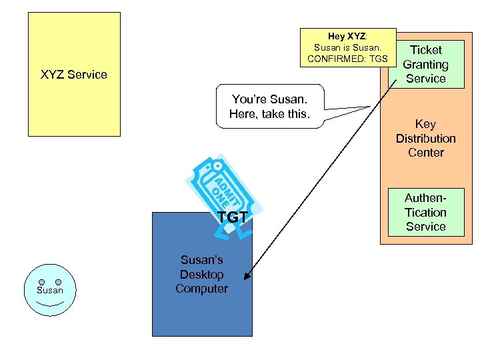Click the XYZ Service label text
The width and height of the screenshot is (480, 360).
pos(73,75)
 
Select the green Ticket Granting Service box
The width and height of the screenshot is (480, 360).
pos(426,64)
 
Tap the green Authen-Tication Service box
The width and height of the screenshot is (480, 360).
pos(425,212)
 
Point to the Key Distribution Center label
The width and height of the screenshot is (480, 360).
pos(425,138)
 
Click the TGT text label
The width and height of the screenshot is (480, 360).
pos(233,217)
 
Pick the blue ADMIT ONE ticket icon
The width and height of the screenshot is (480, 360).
pos(220,190)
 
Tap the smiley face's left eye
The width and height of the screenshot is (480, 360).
pos(41,282)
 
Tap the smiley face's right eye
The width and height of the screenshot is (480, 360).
pos(58,282)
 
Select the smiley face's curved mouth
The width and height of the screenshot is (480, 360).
pos(50,304)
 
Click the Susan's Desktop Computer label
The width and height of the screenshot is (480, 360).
pos(201,274)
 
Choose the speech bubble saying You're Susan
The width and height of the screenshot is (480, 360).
pos(269,106)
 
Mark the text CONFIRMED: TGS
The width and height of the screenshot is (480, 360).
pos(347,59)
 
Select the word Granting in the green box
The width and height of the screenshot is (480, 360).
pos(425,65)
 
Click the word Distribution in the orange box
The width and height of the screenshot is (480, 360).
pos(425,138)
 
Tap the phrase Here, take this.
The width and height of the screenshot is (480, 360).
pos(269,114)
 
